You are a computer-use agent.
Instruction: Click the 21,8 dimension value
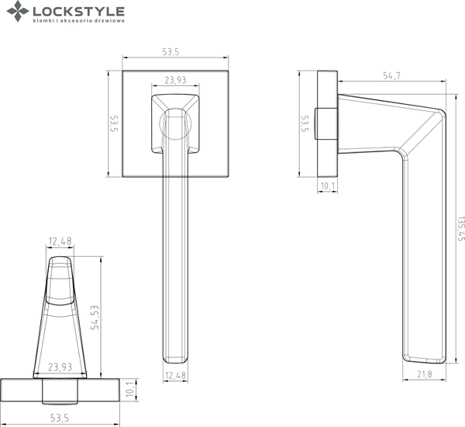425,375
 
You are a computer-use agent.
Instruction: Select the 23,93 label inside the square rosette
175,80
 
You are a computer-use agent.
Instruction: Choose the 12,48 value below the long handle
175,376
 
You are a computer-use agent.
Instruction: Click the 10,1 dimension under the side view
327,186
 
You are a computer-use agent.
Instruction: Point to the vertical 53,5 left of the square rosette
113,125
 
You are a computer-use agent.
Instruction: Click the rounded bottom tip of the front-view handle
175,358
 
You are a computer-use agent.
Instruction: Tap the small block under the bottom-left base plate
60,397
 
